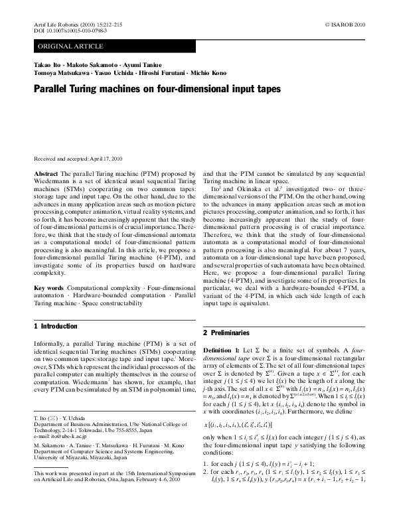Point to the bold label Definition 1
222,348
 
